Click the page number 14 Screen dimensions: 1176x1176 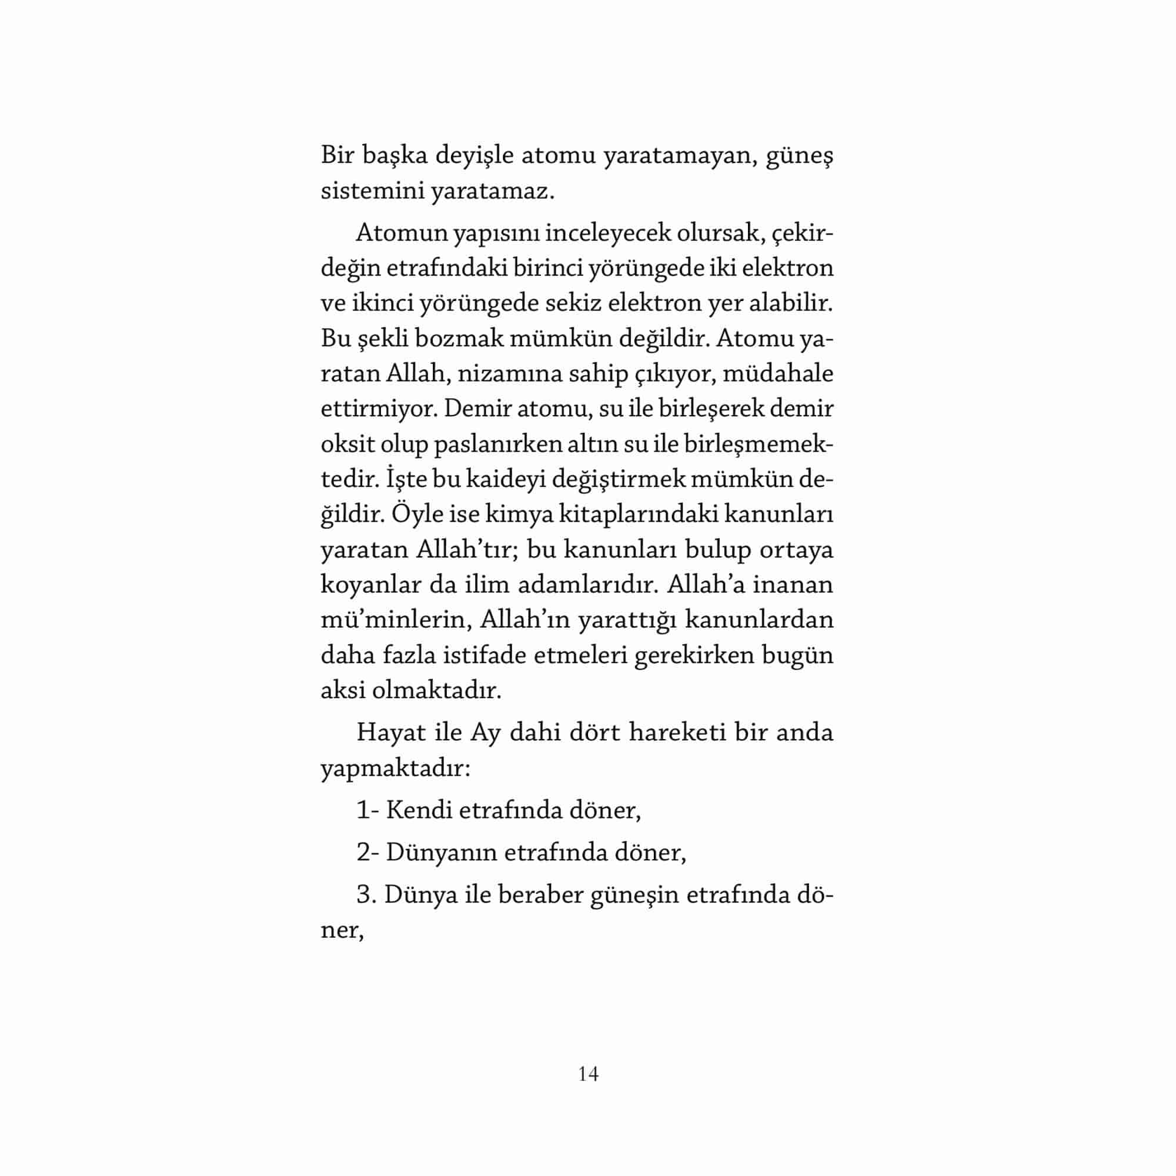coord(588,1074)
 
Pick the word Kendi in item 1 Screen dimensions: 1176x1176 coord(419,811)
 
